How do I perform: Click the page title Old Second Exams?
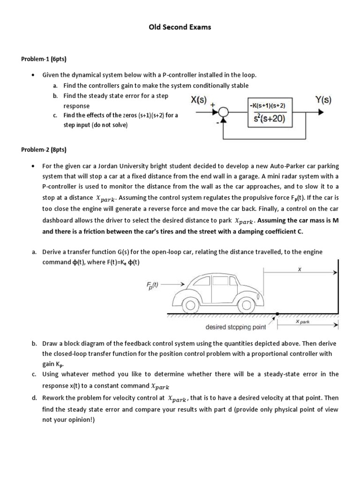(x=180, y=27)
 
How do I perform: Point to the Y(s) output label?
(x=323, y=99)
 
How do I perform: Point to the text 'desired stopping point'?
(x=236, y=326)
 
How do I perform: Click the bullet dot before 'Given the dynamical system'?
(x=33, y=75)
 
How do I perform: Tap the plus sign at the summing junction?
(x=214, y=105)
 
